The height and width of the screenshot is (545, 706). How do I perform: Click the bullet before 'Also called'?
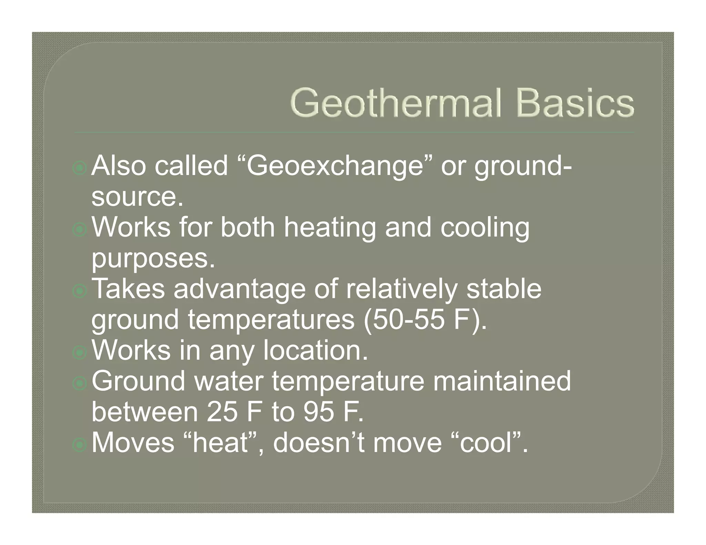[80, 168]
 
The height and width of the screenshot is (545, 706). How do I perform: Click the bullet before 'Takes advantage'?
[80, 291]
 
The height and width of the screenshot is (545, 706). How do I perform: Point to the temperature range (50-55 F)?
[425, 320]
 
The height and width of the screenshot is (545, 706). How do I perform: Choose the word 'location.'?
[315, 350]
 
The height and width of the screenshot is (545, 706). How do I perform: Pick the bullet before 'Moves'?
[80, 445]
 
